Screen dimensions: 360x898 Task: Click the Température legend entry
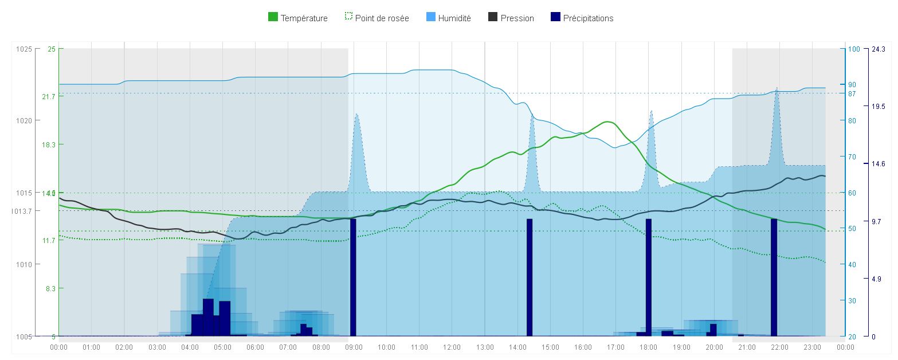(298, 18)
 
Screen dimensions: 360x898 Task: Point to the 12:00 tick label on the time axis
(452, 347)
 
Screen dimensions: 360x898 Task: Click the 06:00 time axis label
(255, 347)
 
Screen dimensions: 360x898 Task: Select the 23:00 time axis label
(813, 347)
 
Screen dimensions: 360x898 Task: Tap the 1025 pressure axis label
(25, 49)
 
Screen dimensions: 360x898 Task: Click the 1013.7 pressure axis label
(22, 211)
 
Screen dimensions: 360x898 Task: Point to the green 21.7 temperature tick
(49, 96)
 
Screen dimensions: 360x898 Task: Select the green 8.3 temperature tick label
(50, 288)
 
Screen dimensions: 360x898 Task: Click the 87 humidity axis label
(852, 93)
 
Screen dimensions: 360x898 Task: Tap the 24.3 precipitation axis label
(879, 49)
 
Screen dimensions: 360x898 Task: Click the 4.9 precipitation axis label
(877, 279)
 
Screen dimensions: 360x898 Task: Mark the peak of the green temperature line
(607, 122)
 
